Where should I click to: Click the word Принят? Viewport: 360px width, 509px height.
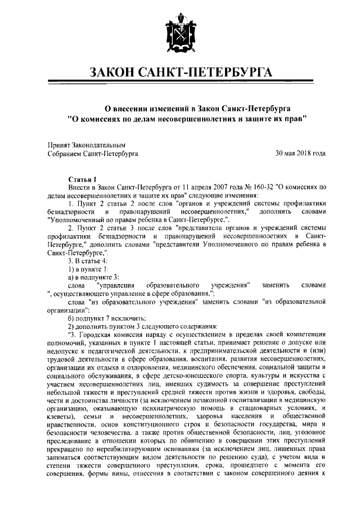(x=59, y=145)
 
